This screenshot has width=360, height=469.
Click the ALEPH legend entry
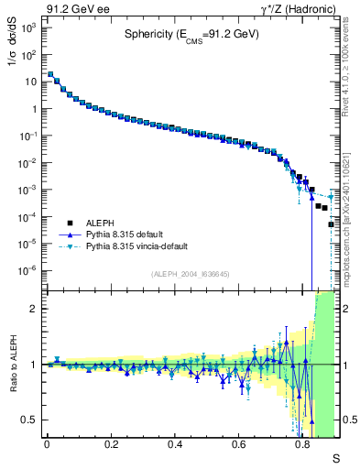pyautogui.click(x=100, y=222)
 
